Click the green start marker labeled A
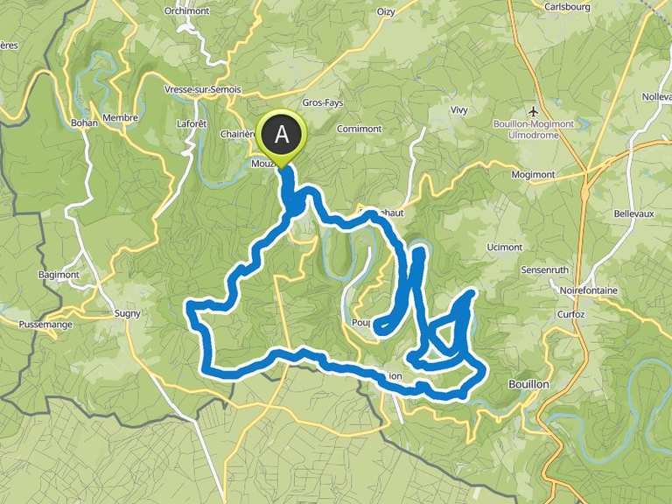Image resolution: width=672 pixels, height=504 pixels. pos(282,135)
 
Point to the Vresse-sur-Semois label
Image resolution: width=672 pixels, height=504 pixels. pos(202,89)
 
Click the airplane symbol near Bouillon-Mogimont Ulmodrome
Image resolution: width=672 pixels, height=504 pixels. pos(535,110)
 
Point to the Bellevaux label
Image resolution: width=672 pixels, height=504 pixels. pos(610,213)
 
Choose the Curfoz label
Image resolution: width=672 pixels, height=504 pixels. pos(569,313)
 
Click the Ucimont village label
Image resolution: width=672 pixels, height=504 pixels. pos(504,248)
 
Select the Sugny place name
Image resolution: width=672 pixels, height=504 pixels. pos(128,313)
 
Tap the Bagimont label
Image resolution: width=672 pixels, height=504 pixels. pos(59,275)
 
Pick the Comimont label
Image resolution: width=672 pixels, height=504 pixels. pos(357,129)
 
